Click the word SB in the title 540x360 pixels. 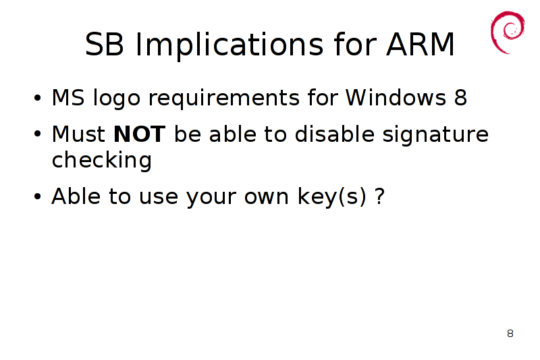point(104,44)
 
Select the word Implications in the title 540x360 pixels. point(230,45)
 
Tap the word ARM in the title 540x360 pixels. point(420,44)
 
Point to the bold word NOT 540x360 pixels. point(140,134)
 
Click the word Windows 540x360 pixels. point(396,97)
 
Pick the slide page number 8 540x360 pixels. point(510,333)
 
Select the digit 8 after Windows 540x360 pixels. point(460,97)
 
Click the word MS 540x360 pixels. point(68,97)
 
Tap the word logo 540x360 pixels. point(117,99)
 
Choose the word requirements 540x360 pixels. point(224,99)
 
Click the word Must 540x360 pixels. point(78,134)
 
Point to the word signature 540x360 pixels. point(435,134)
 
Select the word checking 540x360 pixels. point(102,160)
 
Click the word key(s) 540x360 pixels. point(331,197)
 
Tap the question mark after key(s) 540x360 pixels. point(379,196)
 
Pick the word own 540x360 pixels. point(266,197)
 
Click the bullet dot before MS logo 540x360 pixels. point(38,98)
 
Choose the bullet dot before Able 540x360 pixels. point(38,197)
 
